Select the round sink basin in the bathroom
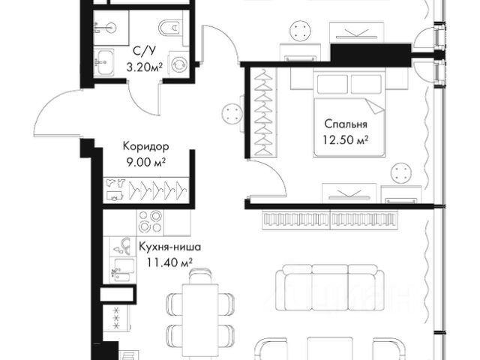(x=111, y=28)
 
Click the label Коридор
(x=145, y=146)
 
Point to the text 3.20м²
(x=145, y=67)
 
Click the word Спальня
(x=346, y=124)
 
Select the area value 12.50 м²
(x=345, y=140)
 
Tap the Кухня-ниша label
(x=170, y=247)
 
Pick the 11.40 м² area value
(x=169, y=262)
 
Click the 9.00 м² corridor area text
(x=146, y=162)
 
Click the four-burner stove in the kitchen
(x=150, y=223)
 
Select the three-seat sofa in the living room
(x=330, y=287)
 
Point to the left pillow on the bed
(x=332, y=84)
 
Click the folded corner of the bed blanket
(x=373, y=106)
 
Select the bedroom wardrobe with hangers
(x=263, y=112)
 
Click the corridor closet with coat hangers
(x=145, y=190)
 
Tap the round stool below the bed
(x=402, y=173)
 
